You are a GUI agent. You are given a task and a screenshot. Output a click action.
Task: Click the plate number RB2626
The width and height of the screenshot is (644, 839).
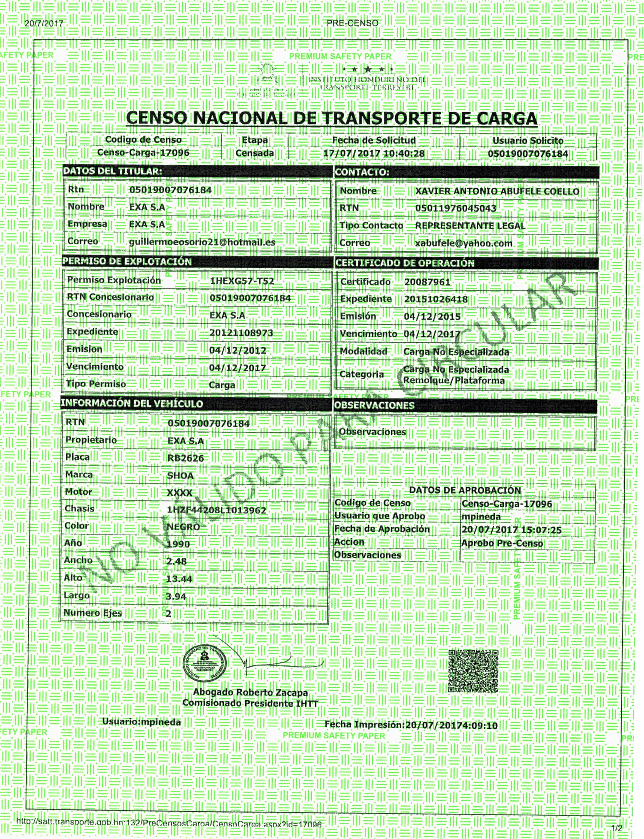tap(185, 458)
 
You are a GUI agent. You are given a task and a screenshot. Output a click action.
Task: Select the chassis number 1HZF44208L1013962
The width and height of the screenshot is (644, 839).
tap(217, 510)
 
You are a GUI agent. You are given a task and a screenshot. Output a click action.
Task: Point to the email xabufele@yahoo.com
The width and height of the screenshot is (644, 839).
tap(463, 243)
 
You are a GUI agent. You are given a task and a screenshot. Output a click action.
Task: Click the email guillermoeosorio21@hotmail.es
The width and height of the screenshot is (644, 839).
tap(202, 242)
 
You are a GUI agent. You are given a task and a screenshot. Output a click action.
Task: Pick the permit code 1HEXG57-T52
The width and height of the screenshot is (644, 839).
tap(242, 281)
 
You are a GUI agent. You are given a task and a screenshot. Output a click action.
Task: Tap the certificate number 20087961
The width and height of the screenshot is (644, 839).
tap(427, 282)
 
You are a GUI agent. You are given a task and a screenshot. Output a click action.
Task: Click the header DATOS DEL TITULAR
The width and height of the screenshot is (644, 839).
tap(112, 171)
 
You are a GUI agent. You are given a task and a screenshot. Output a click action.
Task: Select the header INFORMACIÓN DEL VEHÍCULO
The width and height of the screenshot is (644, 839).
tap(132, 403)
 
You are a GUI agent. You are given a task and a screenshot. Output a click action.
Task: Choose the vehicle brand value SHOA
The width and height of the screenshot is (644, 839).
tap(180, 476)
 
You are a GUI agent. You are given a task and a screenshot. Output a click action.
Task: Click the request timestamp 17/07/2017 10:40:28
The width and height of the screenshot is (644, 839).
tap(374, 153)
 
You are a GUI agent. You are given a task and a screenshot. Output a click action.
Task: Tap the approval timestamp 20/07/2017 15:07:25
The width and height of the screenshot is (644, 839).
tap(511, 530)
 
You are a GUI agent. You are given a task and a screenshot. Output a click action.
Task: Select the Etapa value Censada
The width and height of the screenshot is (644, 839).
tap(255, 153)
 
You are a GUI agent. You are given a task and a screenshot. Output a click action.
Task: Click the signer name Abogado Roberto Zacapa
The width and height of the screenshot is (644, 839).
tap(250, 692)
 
